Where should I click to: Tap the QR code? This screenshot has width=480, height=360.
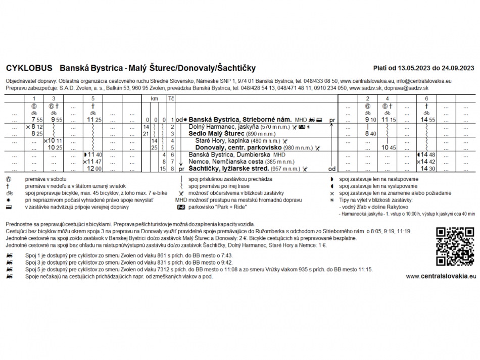tap(455, 246)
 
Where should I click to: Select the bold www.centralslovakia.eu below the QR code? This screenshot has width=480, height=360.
tap(441, 276)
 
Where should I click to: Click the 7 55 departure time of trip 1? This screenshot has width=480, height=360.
tap(36, 120)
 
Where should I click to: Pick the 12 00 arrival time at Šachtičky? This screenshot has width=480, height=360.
tap(93, 169)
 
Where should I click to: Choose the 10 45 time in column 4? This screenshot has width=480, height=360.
tap(388, 148)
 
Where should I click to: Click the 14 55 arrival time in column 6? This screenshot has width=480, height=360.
tap(427, 120)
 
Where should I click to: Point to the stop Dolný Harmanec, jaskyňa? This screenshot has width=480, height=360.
tap(221, 127)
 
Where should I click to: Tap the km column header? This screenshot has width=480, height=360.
tap(155, 98)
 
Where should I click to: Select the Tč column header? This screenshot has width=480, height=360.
tap(171, 98)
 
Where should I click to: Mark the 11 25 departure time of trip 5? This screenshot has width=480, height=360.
tap(93, 120)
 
